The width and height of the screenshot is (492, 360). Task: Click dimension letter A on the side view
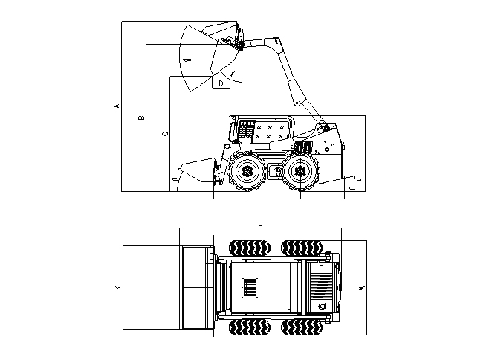click(117, 106)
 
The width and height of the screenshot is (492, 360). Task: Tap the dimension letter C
click(165, 134)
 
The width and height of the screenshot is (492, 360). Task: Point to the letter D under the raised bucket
click(221, 84)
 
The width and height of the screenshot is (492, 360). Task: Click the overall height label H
click(360, 153)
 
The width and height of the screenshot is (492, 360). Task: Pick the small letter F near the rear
click(352, 187)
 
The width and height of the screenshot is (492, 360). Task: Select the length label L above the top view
click(259, 222)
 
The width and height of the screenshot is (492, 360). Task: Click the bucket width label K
click(117, 287)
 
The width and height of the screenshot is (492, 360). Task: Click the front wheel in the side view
click(247, 171)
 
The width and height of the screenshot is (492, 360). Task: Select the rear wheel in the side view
click(300, 171)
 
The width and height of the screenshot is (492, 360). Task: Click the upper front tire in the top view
click(249, 248)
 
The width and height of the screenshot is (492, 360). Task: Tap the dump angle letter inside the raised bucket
click(188, 59)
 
